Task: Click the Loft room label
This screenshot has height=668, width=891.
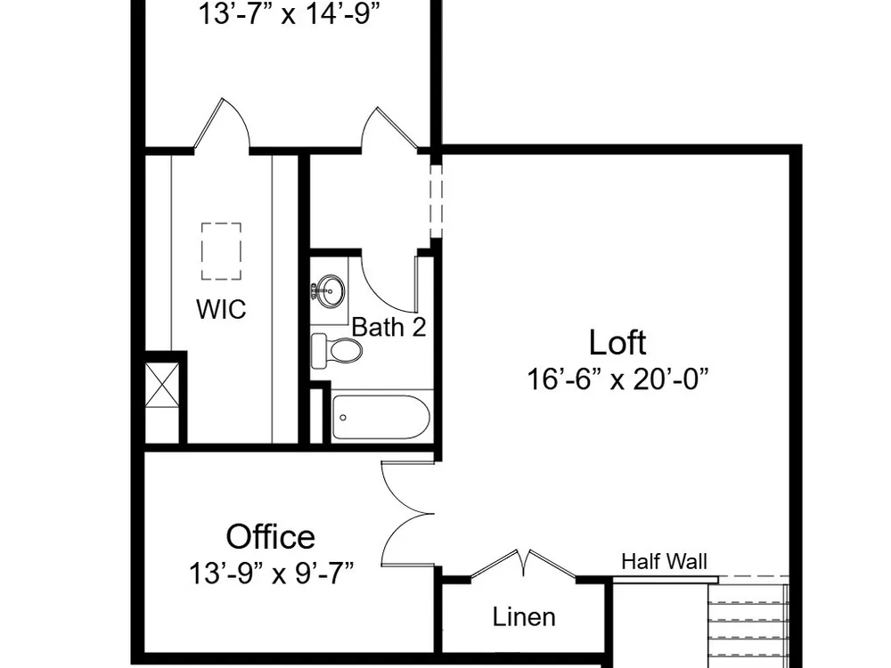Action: coord(617,343)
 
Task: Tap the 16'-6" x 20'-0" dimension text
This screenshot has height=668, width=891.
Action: coord(618,379)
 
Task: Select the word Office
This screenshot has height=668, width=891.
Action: coord(271,537)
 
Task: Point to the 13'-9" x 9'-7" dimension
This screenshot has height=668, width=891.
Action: coord(271,573)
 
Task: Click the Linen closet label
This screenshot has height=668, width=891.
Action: coord(524,617)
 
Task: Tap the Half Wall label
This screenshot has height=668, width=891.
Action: coord(665,562)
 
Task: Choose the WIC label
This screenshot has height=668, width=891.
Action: coord(221,310)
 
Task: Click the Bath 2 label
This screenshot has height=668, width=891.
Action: coord(388,327)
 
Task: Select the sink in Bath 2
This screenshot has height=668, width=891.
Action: coord(330,291)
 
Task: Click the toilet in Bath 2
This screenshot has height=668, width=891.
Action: coord(337,350)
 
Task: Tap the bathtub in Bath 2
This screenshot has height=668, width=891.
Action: coord(380,418)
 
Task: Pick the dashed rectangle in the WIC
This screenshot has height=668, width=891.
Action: coord(221,251)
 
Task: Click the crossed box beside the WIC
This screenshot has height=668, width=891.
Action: coord(162,385)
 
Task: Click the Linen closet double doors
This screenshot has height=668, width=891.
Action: coord(523,564)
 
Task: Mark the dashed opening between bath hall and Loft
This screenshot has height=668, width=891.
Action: coord(436,201)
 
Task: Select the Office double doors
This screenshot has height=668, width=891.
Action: coord(408,514)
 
